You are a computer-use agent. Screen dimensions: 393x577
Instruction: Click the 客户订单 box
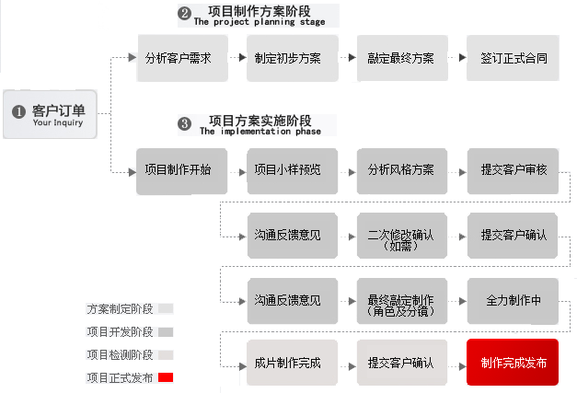pyautogui.click(x=50, y=114)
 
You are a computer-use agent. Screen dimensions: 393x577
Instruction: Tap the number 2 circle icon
pyautogui.click(x=183, y=14)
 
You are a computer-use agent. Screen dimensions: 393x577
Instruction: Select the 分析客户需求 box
pyautogui.click(x=178, y=58)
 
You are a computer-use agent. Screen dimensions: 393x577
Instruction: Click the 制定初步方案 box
pyautogui.click(x=288, y=58)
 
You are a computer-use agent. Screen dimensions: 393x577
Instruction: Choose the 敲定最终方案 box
pyautogui.click(x=400, y=58)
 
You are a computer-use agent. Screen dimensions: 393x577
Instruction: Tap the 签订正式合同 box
pyautogui.click(x=514, y=58)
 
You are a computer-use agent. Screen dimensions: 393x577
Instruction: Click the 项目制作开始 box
pyautogui.click(x=178, y=170)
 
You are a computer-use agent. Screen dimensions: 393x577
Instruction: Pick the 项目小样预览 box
pyautogui.click(x=288, y=170)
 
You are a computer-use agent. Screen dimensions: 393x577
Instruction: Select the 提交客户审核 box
pyautogui.click(x=514, y=170)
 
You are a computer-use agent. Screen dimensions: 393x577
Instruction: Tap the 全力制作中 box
pyautogui.click(x=514, y=300)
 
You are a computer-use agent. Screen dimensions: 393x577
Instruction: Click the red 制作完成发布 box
pyautogui.click(x=514, y=363)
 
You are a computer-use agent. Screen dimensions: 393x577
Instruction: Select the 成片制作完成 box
pyautogui.click(x=288, y=363)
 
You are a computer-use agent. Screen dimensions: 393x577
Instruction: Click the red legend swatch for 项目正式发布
pyautogui.click(x=166, y=377)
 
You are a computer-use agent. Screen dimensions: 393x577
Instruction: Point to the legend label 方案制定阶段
pyautogui.click(x=120, y=309)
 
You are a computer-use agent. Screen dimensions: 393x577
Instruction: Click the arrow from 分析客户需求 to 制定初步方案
pyautogui.click(x=234, y=58)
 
